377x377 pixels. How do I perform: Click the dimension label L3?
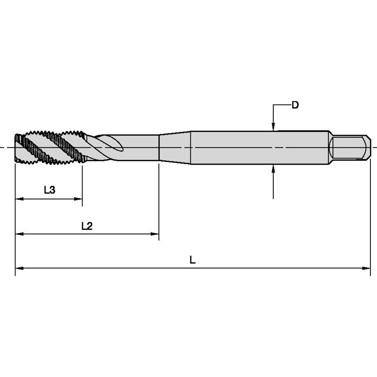pos(49,190)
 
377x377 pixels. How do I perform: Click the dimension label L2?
pos(87,226)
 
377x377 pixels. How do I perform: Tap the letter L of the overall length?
pos(192,260)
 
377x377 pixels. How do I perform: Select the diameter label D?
pos(295,105)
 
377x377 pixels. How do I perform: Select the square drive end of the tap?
pos(350,147)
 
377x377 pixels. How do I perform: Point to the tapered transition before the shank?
pos(174,147)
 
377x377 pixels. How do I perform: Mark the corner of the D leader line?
pos(274,106)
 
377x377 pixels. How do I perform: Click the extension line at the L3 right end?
pos(82,185)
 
